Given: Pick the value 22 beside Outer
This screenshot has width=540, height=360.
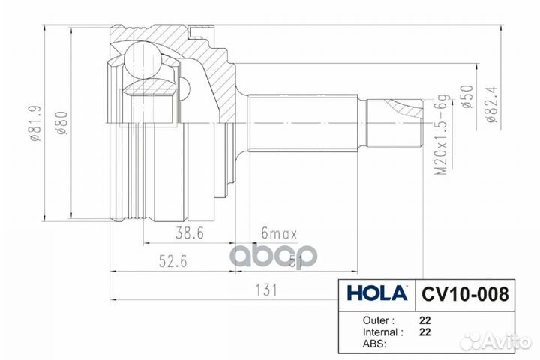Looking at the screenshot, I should (425, 318).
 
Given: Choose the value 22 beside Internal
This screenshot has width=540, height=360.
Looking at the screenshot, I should (425, 331).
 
